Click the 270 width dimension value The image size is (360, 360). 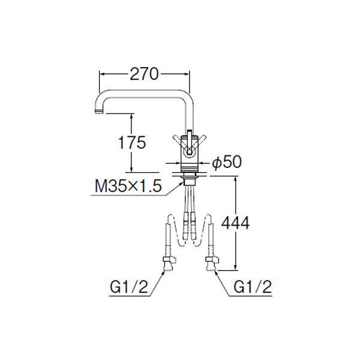point(144,74)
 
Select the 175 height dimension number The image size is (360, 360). point(132,142)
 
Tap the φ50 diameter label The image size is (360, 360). point(227,162)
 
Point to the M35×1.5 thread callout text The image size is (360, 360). point(128,185)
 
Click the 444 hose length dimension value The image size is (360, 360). point(235,223)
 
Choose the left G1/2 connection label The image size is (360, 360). point(129,287)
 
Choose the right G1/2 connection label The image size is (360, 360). point(253,287)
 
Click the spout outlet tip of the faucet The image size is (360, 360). point(99,112)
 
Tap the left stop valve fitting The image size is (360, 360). point(169,264)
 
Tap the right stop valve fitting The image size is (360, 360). point(212,264)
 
